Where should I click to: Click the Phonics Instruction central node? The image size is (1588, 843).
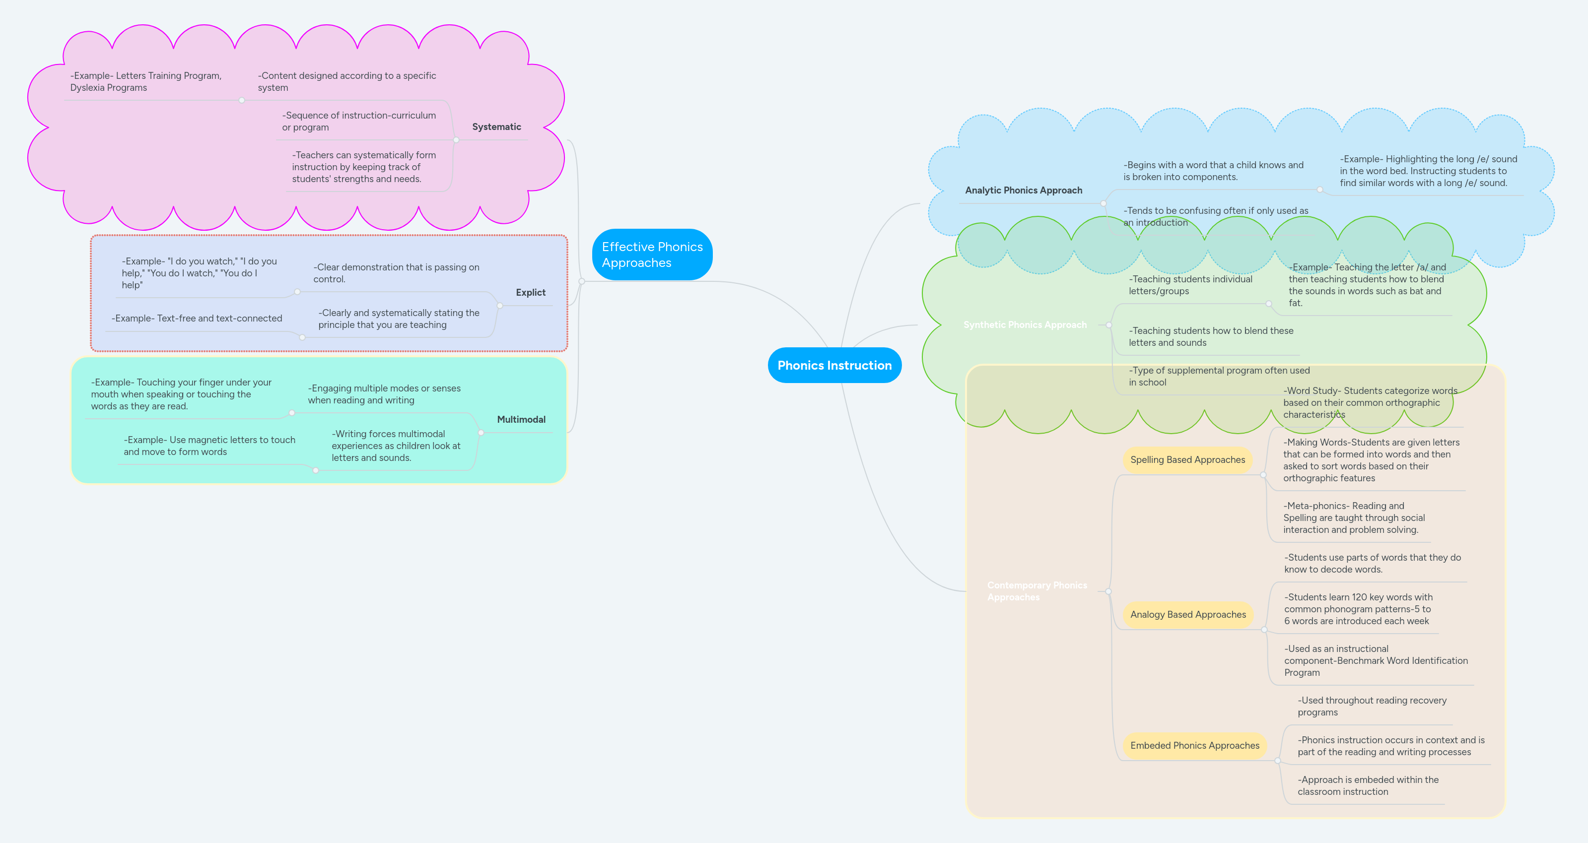tap(834, 365)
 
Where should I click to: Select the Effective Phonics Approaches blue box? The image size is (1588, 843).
tap(652, 255)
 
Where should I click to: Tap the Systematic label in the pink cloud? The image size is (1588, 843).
tap(496, 127)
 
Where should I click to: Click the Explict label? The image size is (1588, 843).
tap(530, 293)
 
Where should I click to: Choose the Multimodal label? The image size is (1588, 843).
tap(521, 420)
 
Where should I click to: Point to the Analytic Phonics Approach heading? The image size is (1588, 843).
tap(1023, 191)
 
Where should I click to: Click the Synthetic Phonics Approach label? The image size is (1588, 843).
tap(1025, 325)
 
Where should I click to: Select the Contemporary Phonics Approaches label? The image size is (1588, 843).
tap(1036, 591)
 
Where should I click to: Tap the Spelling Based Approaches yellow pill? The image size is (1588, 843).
tap(1187, 460)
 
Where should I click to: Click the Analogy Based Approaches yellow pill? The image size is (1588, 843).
tap(1188, 614)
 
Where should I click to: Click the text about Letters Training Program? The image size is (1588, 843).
tap(145, 82)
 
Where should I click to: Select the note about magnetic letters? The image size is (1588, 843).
tap(209, 446)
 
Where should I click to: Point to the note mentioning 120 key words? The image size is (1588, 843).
tap(1358, 609)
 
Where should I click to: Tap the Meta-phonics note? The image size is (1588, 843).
tap(1354, 518)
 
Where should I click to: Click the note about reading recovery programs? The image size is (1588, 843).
tap(1371, 706)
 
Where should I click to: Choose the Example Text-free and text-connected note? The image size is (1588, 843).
tap(197, 319)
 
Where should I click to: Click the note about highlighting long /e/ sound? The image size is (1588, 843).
tap(1428, 171)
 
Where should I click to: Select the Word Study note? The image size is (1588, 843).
tap(1370, 402)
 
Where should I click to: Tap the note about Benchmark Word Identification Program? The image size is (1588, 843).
tap(1376, 660)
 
